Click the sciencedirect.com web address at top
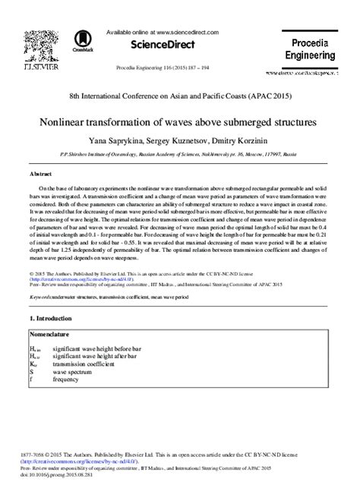tap(187, 33)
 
